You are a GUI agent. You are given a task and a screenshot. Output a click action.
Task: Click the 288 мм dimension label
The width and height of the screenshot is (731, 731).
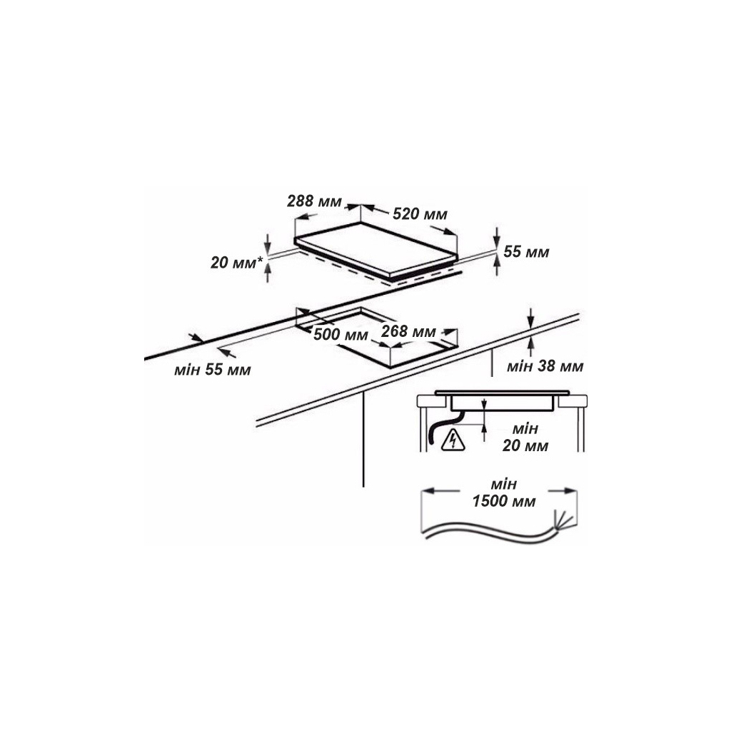(x=314, y=201)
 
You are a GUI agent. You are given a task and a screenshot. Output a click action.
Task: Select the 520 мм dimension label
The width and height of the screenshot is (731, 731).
(x=420, y=214)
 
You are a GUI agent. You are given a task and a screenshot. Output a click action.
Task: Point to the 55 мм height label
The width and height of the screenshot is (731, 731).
(x=526, y=252)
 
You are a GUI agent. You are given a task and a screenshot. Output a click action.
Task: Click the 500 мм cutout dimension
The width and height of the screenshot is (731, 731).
(x=341, y=334)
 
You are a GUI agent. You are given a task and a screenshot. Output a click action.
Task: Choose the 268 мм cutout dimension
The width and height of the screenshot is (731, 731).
(x=408, y=331)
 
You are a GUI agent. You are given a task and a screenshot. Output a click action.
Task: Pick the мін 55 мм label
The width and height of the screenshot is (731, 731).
(x=213, y=370)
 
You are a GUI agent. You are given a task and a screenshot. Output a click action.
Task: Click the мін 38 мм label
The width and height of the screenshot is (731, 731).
(x=545, y=366)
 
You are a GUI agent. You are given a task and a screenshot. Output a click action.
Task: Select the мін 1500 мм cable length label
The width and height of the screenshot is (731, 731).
(x=504, y=493)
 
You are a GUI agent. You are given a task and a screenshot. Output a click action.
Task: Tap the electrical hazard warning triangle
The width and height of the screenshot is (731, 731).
(x=453, y=440)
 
